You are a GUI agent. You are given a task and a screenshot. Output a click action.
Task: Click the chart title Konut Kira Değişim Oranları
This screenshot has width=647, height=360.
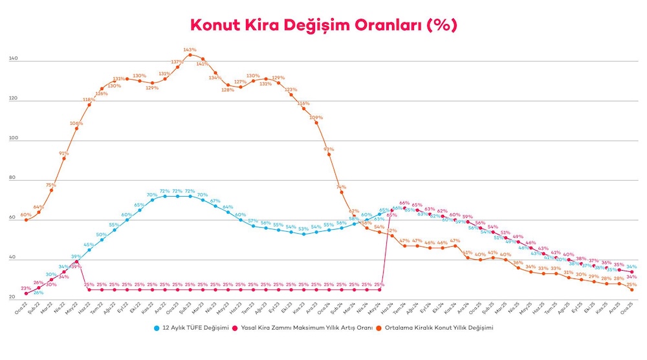(323, 25)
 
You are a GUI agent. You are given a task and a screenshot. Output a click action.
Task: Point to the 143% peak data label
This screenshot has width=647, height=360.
(190, 49)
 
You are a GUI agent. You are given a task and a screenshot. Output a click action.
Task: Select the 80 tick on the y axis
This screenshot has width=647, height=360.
(13, 179)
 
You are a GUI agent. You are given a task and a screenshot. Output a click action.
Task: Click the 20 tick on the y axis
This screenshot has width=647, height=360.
(13, 298)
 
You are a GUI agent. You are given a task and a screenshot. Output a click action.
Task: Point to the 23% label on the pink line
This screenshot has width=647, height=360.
(26, 289)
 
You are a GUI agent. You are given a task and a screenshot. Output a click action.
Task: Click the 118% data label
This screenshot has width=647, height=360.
(88, 100)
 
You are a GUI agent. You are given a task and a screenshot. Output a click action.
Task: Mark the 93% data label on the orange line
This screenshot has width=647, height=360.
(329, 149)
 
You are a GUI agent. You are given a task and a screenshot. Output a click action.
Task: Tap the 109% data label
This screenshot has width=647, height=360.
(316, 118)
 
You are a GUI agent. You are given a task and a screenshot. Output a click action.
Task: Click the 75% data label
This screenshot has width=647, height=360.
(50, 185)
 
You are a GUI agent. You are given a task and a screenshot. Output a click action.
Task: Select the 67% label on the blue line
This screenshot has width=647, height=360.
(215, 201)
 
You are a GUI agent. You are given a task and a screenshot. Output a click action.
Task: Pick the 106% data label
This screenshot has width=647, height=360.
(76, 123)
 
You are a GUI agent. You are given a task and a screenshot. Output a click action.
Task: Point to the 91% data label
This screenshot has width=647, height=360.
(63, 153)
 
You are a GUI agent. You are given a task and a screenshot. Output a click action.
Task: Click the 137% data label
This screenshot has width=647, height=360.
(177, 62)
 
